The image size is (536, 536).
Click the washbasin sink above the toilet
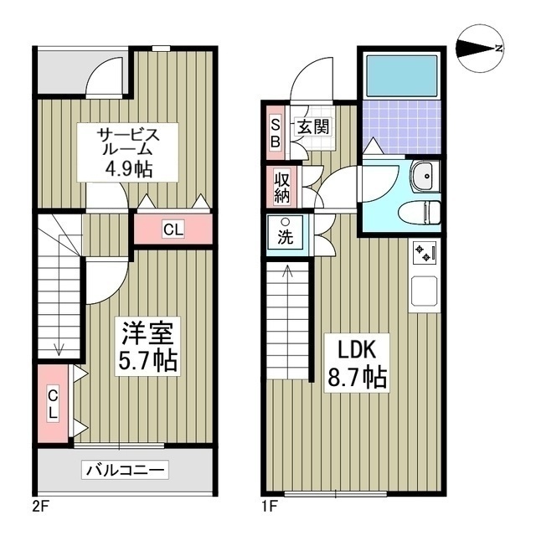[424, 176]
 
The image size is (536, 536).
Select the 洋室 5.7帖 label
[149, 347]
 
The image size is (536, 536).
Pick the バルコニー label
[126, 470]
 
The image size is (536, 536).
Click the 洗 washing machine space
[285, 232]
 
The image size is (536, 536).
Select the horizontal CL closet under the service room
[173, 229]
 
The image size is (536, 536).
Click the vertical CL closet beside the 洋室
[52, 404]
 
